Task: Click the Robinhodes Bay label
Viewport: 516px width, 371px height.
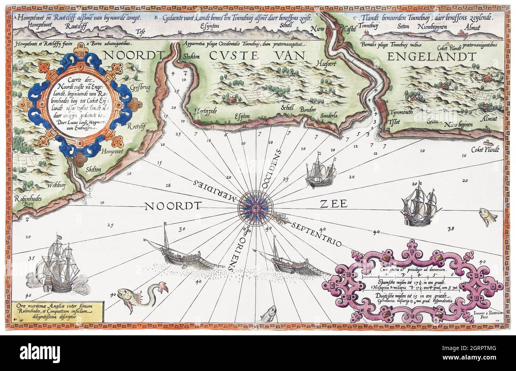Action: pyautogui.click(x=25, y=202)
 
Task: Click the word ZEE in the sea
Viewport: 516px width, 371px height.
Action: pyautogui.click(x=332, y=204)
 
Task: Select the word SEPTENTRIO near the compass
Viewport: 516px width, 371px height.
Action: pyautogui.click(x=316, y=234)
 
